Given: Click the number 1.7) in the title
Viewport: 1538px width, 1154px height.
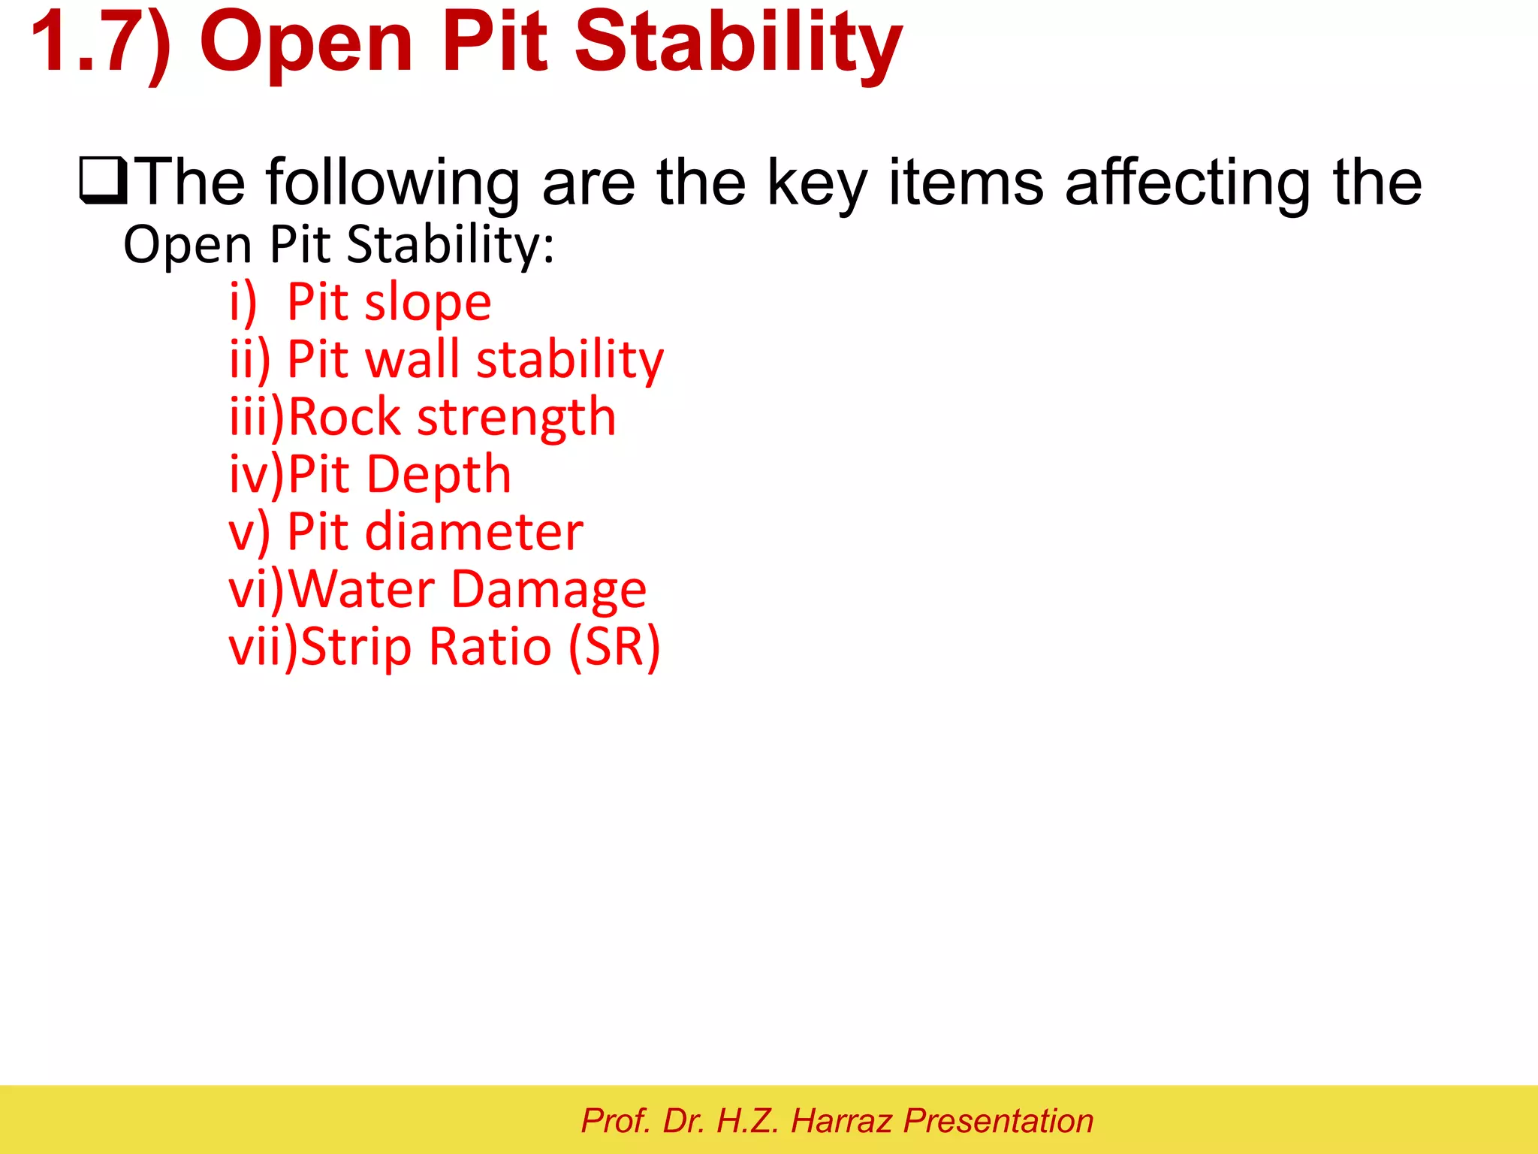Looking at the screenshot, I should pyautogui.click(x=101, y=43).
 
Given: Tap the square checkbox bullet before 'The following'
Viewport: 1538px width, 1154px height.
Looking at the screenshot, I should pyautogui.click(x=103, y=181).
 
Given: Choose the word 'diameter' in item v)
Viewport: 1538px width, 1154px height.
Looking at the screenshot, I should pyautogui.click(x=474, y=532).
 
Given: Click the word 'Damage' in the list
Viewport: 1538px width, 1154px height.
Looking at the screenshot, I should pyautogui.click(x=548, y=591).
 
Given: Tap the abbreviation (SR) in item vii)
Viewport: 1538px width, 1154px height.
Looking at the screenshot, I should pyautogui.click(x=614, y=647).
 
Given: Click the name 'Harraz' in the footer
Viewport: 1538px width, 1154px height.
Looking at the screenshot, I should pyautogui.click(x=841, y=1121).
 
